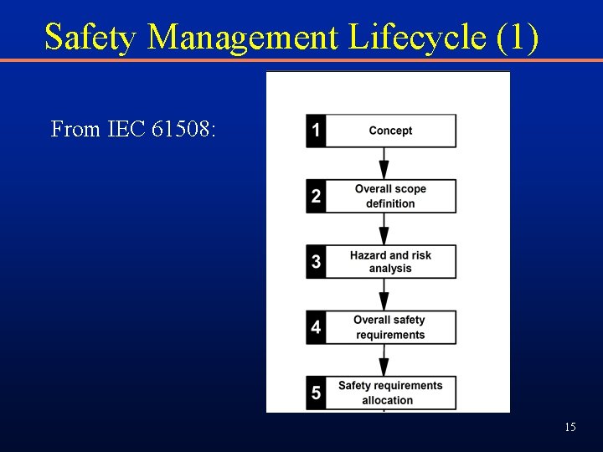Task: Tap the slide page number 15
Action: click(x=569, y=428)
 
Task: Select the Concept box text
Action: click(x=390, y=131)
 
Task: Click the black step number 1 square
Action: click(x=316, y=131)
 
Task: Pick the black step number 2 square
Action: click(x=316, y=196)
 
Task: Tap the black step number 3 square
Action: click(x=316, y=261)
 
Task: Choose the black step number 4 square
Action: click(x=316, y=327)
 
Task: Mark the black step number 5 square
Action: click(x=316, y=393)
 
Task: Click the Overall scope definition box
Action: click(x=390, y=196)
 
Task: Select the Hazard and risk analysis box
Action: click(x=390, y=261)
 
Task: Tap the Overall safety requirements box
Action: click(x=390, y=327)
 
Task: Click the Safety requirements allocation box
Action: click(x=390, y=393)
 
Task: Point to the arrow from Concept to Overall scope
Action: click(x=384, y=163)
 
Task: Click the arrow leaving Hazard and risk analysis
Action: click(x=384, y=295)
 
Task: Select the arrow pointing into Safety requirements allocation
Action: click(x=384, y=360)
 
